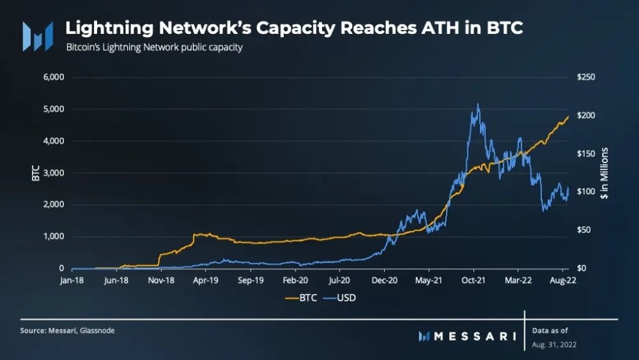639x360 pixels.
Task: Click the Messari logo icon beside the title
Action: pyautogui.click(x=37, y=36)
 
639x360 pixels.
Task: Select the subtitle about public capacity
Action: pyautogui.click(x=154, y=48)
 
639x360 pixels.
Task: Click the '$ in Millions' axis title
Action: pyautogui.click(x=604, y=173)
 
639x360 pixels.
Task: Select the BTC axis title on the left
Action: pyautogui.click(x=36, y=173)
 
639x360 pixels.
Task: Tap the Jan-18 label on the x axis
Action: pyautogui.click(x=72, y=281)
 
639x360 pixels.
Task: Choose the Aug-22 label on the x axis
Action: pyautogui.click(x=562, y=281)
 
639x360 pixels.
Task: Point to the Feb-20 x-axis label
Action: pyautogui.click(x=295, y=281)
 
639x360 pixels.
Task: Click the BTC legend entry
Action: pyautogui.click(x=303, y=297)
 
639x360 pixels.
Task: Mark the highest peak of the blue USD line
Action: pyautogui.click(x=478, y=104)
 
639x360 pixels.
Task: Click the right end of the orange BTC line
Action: pyautogui.click(x=569, y=116)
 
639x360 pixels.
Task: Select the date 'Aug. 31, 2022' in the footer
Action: pyautogui.click(x=554, y=344)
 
